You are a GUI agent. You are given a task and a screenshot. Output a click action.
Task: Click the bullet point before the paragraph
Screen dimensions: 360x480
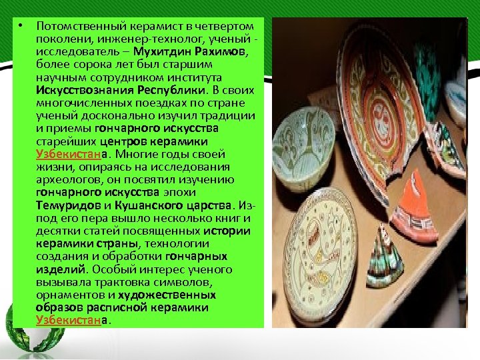tap(21, 26)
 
